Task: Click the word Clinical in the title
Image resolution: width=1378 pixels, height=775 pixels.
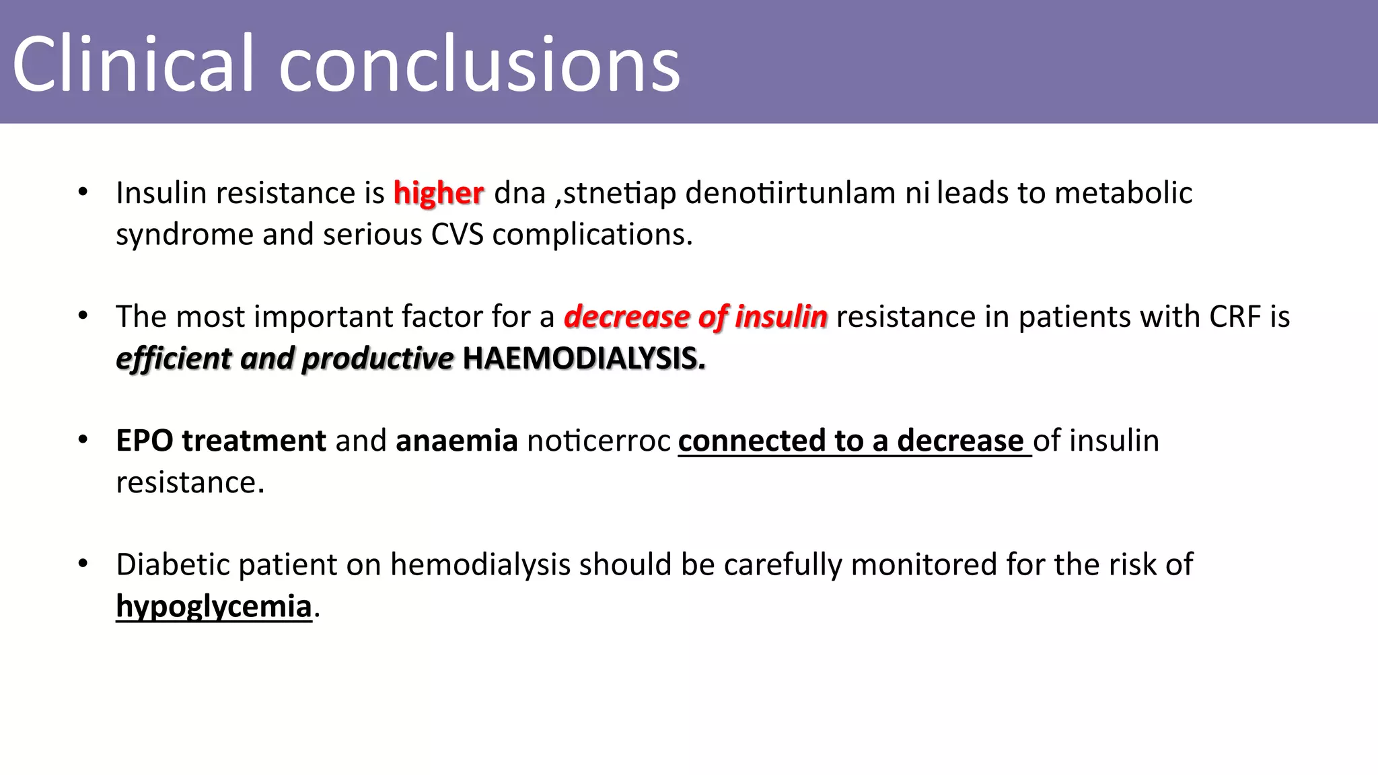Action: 133,64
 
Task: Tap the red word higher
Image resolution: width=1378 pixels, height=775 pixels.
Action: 438,194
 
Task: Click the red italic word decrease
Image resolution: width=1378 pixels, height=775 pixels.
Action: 626,317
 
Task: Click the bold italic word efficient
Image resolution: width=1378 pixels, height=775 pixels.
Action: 174,359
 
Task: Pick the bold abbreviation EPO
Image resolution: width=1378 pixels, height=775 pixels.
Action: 145,441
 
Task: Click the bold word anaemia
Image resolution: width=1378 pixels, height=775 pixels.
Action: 456,441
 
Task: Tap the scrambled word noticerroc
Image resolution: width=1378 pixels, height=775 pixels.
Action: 599,441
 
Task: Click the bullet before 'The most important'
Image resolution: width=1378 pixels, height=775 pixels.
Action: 83,316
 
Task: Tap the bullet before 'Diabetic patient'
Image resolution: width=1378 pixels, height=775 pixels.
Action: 83,564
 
